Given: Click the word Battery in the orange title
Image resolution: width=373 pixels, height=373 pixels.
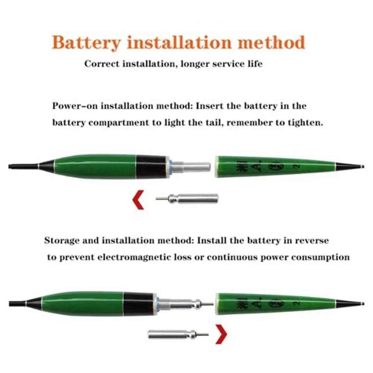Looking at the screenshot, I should (x=86, y=42).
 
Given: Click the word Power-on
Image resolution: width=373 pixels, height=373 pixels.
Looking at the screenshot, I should (x=75, y=106).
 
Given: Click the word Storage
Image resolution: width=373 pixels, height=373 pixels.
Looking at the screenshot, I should (x=61, y=240).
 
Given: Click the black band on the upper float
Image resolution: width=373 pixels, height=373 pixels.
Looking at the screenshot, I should (x=151, y=166).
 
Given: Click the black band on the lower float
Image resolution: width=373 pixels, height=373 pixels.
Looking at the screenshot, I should (x=138, y=304).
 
